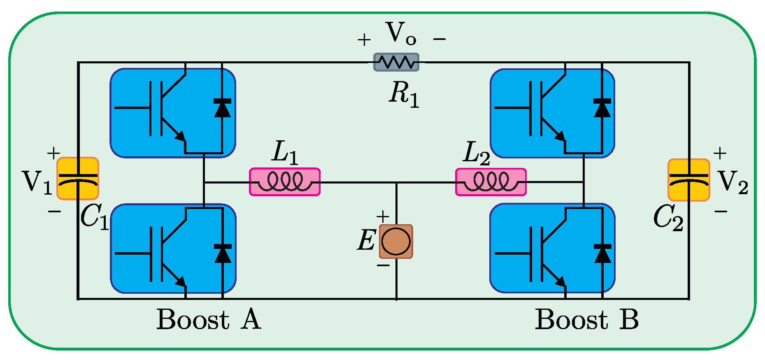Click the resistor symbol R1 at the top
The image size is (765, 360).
[x=396, y=62]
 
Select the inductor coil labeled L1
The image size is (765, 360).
[x=285, y=182]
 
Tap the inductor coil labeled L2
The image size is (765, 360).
[x=491, y=182]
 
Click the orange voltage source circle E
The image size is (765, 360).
[x=396, y=242]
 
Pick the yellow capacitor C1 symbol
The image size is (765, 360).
[x=77, y=179]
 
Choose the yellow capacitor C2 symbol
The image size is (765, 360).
[x=689, y=180]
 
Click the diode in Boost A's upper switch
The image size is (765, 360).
[x=222, y=108]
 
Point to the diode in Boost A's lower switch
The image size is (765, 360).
[x=223, y=253]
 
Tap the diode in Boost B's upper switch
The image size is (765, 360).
[x=602, y=108]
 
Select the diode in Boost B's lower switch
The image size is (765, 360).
[x=602, y=253]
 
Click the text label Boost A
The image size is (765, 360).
[x=209, y=319]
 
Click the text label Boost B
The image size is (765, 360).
[x=587, y=319]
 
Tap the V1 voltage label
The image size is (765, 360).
[x=37, y=182]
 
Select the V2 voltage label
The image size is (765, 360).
[x=733, y=182]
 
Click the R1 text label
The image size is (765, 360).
[x=404, y=94]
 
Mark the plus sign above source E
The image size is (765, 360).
[x=383, y=216]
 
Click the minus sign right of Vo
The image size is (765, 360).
[x=439, y=39]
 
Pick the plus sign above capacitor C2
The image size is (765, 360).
[x=720, y=153]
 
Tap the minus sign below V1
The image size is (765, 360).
[x=55, y=211]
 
